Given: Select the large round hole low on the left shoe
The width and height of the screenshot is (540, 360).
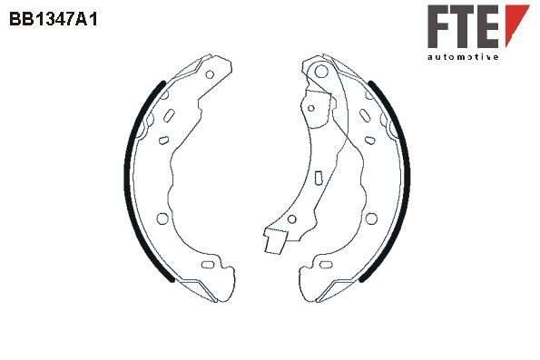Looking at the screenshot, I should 162,218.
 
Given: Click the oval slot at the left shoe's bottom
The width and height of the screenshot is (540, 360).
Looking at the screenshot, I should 209,265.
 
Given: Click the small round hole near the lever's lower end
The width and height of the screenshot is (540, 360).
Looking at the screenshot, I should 291,221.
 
